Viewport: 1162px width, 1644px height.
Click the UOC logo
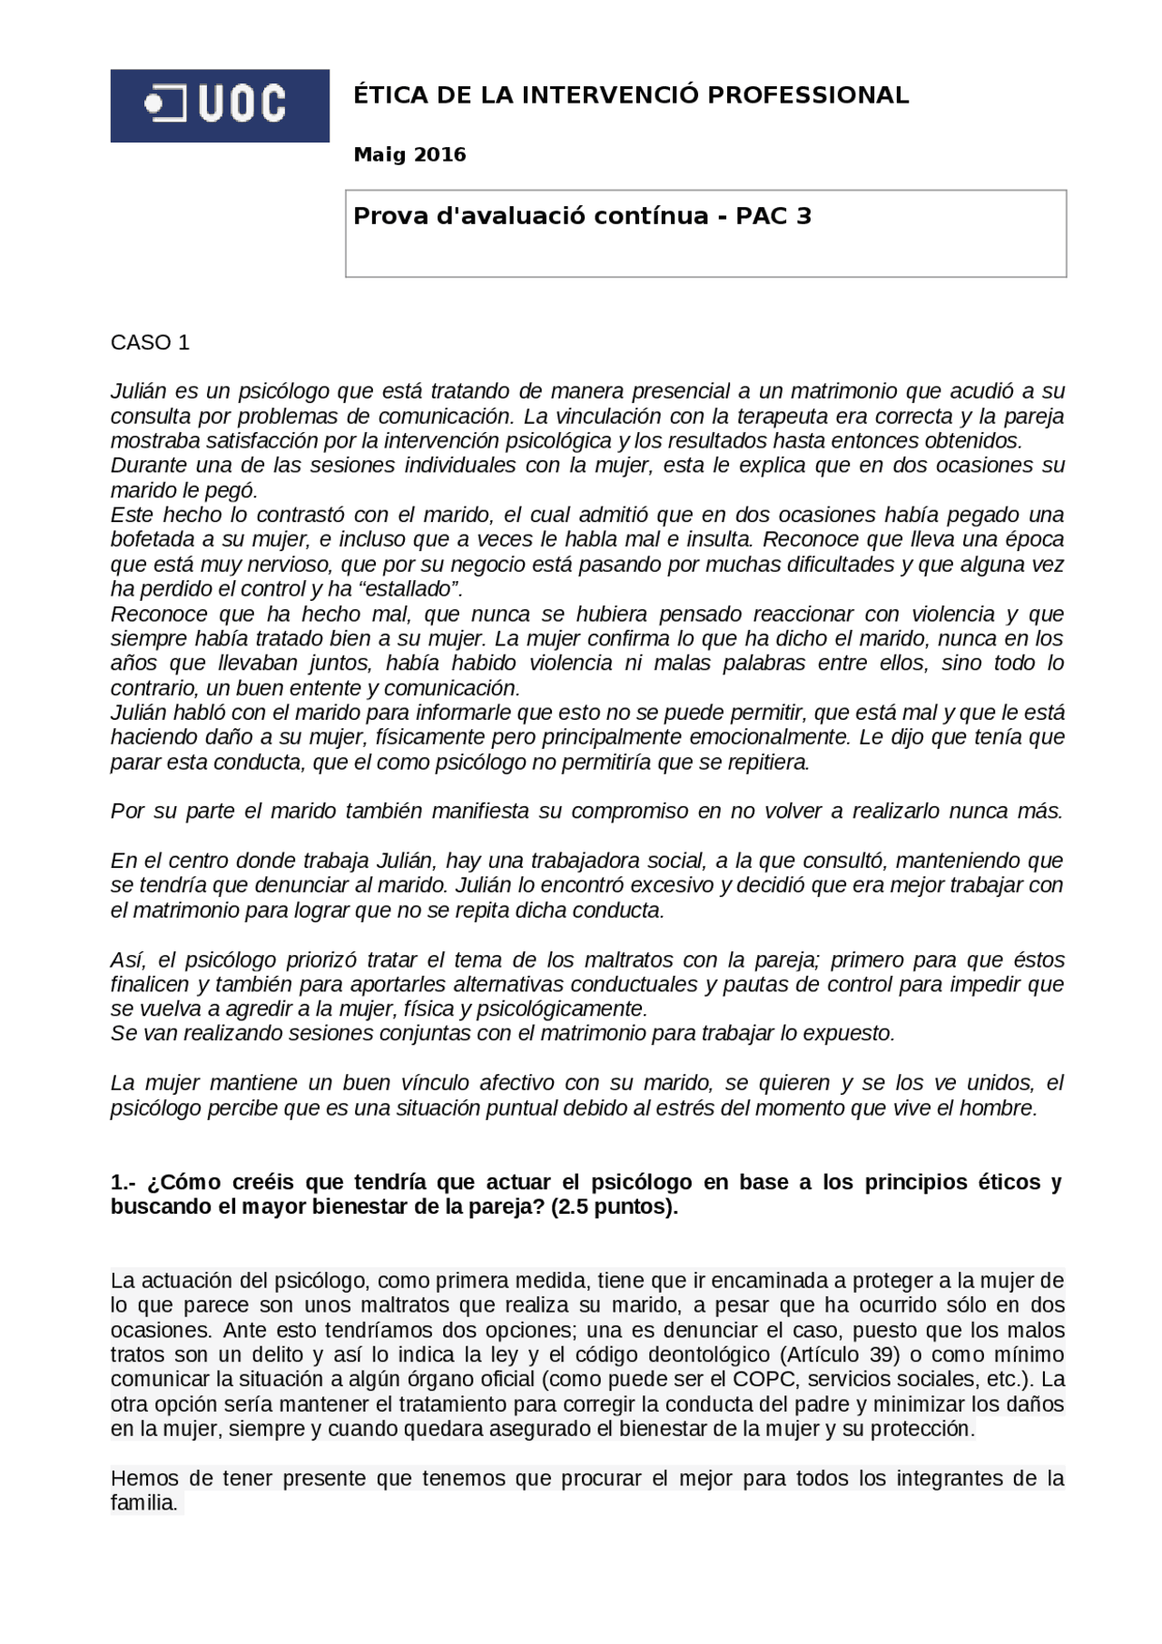click(x=220, y=105)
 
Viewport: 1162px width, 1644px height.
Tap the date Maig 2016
click(x=409, y=155)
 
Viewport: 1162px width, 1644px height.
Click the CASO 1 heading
click(x=150, y=343)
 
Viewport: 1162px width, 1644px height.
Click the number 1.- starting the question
click(x=123, y=1183)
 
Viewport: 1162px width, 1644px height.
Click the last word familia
click(x=143, y=1503)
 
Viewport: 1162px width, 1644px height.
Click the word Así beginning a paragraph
click(x=128, y=960)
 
